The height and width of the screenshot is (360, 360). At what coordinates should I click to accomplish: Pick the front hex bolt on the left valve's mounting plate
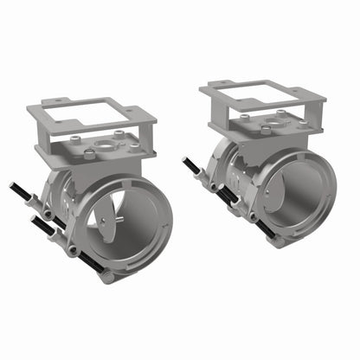click(x=88, y=156)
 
